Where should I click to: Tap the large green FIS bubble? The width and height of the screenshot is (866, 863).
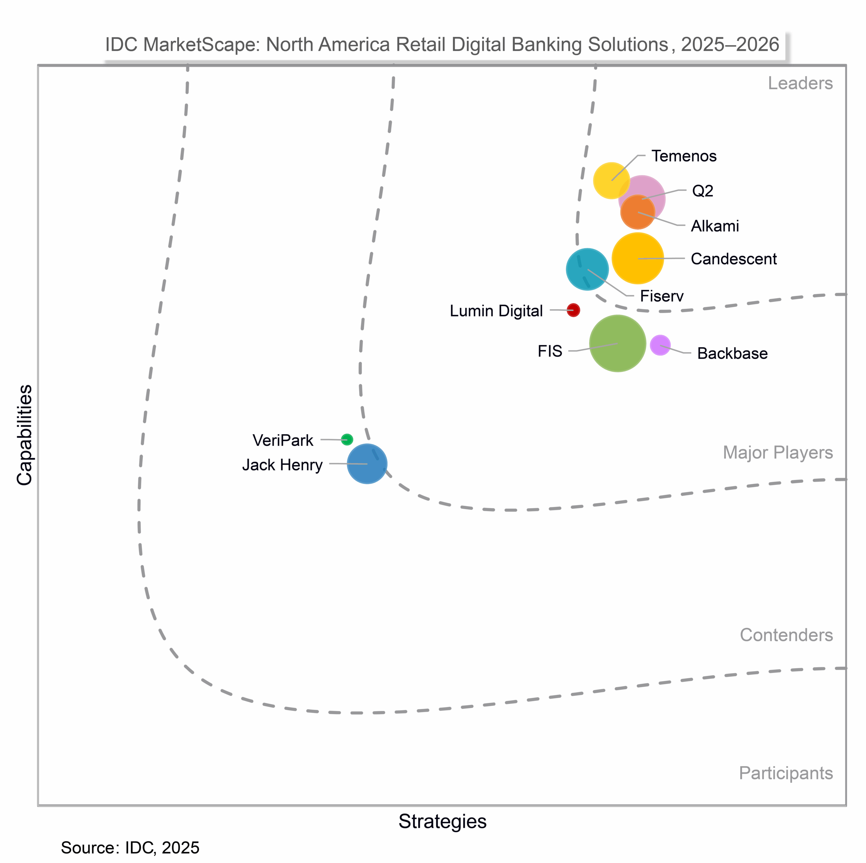(x=617, y=343)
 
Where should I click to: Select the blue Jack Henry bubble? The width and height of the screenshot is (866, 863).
(x=367, y=463)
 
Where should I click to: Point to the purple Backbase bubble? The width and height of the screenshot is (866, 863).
(x=660, y=345)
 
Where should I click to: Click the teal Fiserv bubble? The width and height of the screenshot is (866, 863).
(x=587, y=269)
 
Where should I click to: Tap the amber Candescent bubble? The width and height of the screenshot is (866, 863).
(x=637, y=258)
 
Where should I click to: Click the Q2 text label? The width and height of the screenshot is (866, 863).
(x=702, y=191)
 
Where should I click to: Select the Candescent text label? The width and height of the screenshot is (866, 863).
(x=733, y=259)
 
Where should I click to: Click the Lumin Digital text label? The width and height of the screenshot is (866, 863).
(x=496, y=311)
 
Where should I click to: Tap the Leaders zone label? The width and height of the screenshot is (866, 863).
(x=800, y=83)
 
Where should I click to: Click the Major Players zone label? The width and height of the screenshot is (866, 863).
(x=778, y=452)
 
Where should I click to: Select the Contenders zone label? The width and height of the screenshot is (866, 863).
(x=786, y=635)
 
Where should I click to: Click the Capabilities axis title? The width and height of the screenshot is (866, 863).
(x=24, y=434)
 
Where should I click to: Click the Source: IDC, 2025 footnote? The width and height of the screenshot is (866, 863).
(x=130, y=848)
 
